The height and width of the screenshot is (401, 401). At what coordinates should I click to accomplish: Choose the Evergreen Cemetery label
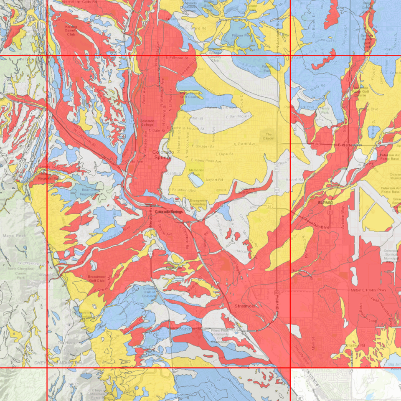[198, 202]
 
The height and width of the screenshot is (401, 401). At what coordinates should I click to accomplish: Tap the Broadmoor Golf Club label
[99, 279]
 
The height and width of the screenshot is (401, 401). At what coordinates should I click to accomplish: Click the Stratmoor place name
[245, 306]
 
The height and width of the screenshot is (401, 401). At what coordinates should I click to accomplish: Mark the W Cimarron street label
[113, 164]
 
